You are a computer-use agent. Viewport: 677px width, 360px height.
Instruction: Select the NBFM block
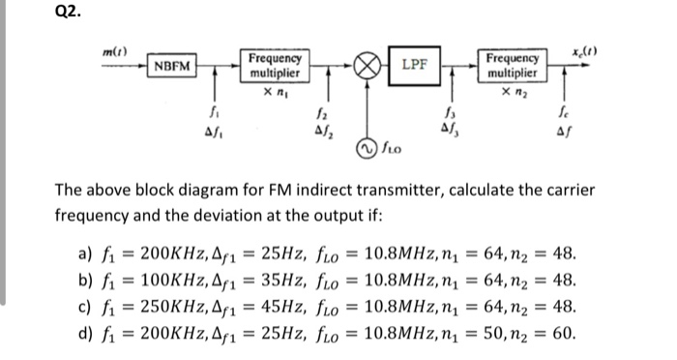(x=171, y=66)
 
